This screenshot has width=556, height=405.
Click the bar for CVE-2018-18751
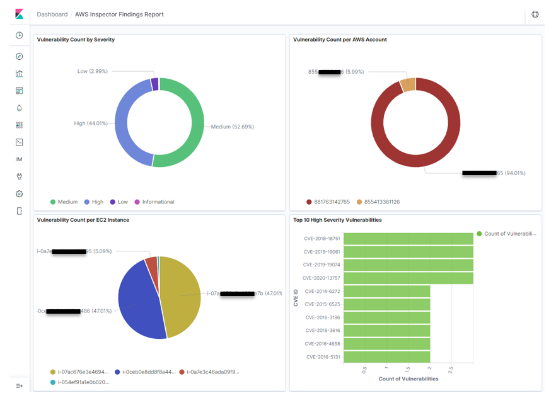(x=408, y=239)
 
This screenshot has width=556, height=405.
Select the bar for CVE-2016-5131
(x=386, y=357)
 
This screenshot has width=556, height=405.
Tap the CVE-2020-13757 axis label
(x=321, y=278)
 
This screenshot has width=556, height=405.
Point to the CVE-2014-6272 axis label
(x=322, y=291)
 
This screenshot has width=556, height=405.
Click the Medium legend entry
(x=64, y=202)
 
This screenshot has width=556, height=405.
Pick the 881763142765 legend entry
(x=328, y=202)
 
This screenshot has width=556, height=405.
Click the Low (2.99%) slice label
(x=92, y=71)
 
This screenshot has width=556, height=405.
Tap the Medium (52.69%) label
(x=232, y=127)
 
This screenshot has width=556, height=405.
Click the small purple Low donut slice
(x=154, y=84)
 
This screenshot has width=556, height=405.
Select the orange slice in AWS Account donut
(x=408, y=85)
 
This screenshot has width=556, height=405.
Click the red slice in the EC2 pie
(x=151, y=262)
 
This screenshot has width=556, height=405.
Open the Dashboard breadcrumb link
(x=52, y=14)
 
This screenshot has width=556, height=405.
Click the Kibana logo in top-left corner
(x=19, y=14)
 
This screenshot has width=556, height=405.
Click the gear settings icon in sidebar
(x=19, y=194)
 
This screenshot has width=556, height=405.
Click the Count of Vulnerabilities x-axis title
(x=408, y=379)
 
